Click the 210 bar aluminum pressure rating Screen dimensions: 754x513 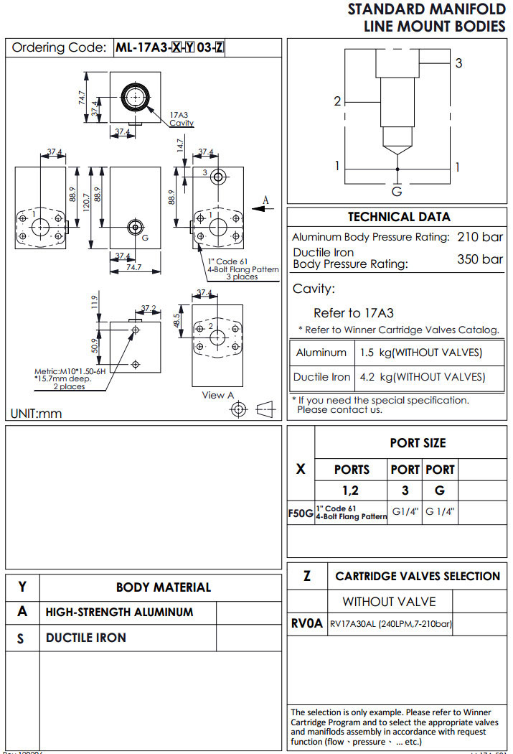point(480,237)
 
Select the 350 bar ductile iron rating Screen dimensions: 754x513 point(480,259)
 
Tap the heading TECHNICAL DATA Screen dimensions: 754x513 point(399,217)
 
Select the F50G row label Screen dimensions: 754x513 point(301,514)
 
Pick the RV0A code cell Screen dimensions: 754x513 point(307,624)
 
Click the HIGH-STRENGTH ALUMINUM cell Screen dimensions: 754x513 point(119,613)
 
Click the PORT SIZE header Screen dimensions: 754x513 point(418,443)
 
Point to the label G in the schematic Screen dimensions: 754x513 point(396,192)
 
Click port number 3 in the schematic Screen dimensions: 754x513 point(459,63)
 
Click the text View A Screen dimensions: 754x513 point(218,395)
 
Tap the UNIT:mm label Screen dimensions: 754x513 point(37,414)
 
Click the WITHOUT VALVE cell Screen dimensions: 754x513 point(389,602)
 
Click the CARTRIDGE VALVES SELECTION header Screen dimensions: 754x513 point(418,577)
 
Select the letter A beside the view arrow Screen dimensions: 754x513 point(265,200)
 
